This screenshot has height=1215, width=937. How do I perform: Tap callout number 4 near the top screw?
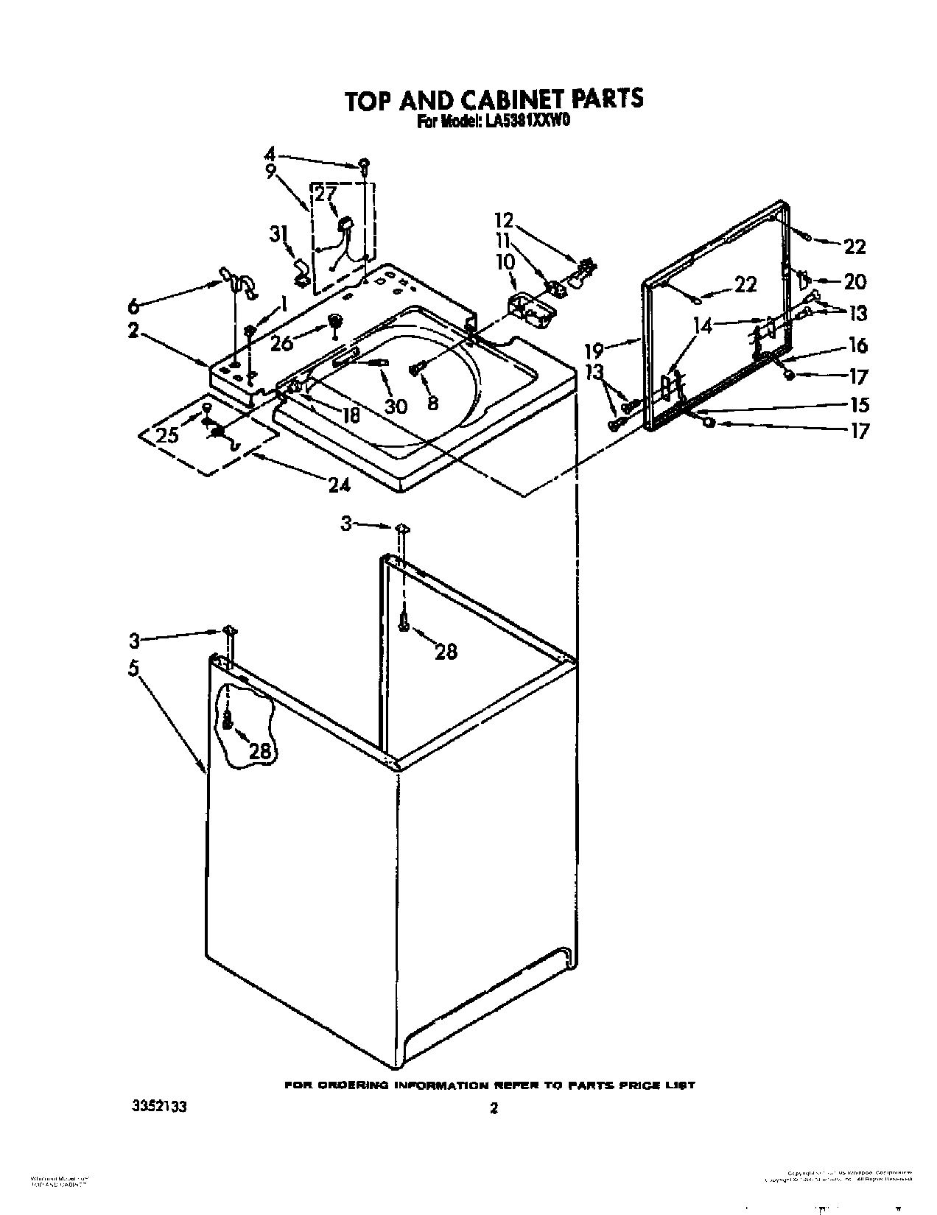(x=270, y=155)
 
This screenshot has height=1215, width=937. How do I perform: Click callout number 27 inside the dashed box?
(x=326, y=194)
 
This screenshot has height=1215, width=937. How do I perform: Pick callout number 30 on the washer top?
(x=396, y=406)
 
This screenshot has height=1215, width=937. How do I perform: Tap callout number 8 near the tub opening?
(x=432, y=402)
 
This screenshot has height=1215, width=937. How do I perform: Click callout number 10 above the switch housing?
(x=506, y=261)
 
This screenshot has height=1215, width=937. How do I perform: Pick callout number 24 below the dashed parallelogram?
(x=340, y=484)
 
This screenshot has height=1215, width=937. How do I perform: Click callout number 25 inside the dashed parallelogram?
(x=167, y=434)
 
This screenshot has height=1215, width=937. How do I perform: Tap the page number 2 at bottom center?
(x=494, y=1107)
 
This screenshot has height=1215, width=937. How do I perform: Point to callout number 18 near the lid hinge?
(x=351, y=415)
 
